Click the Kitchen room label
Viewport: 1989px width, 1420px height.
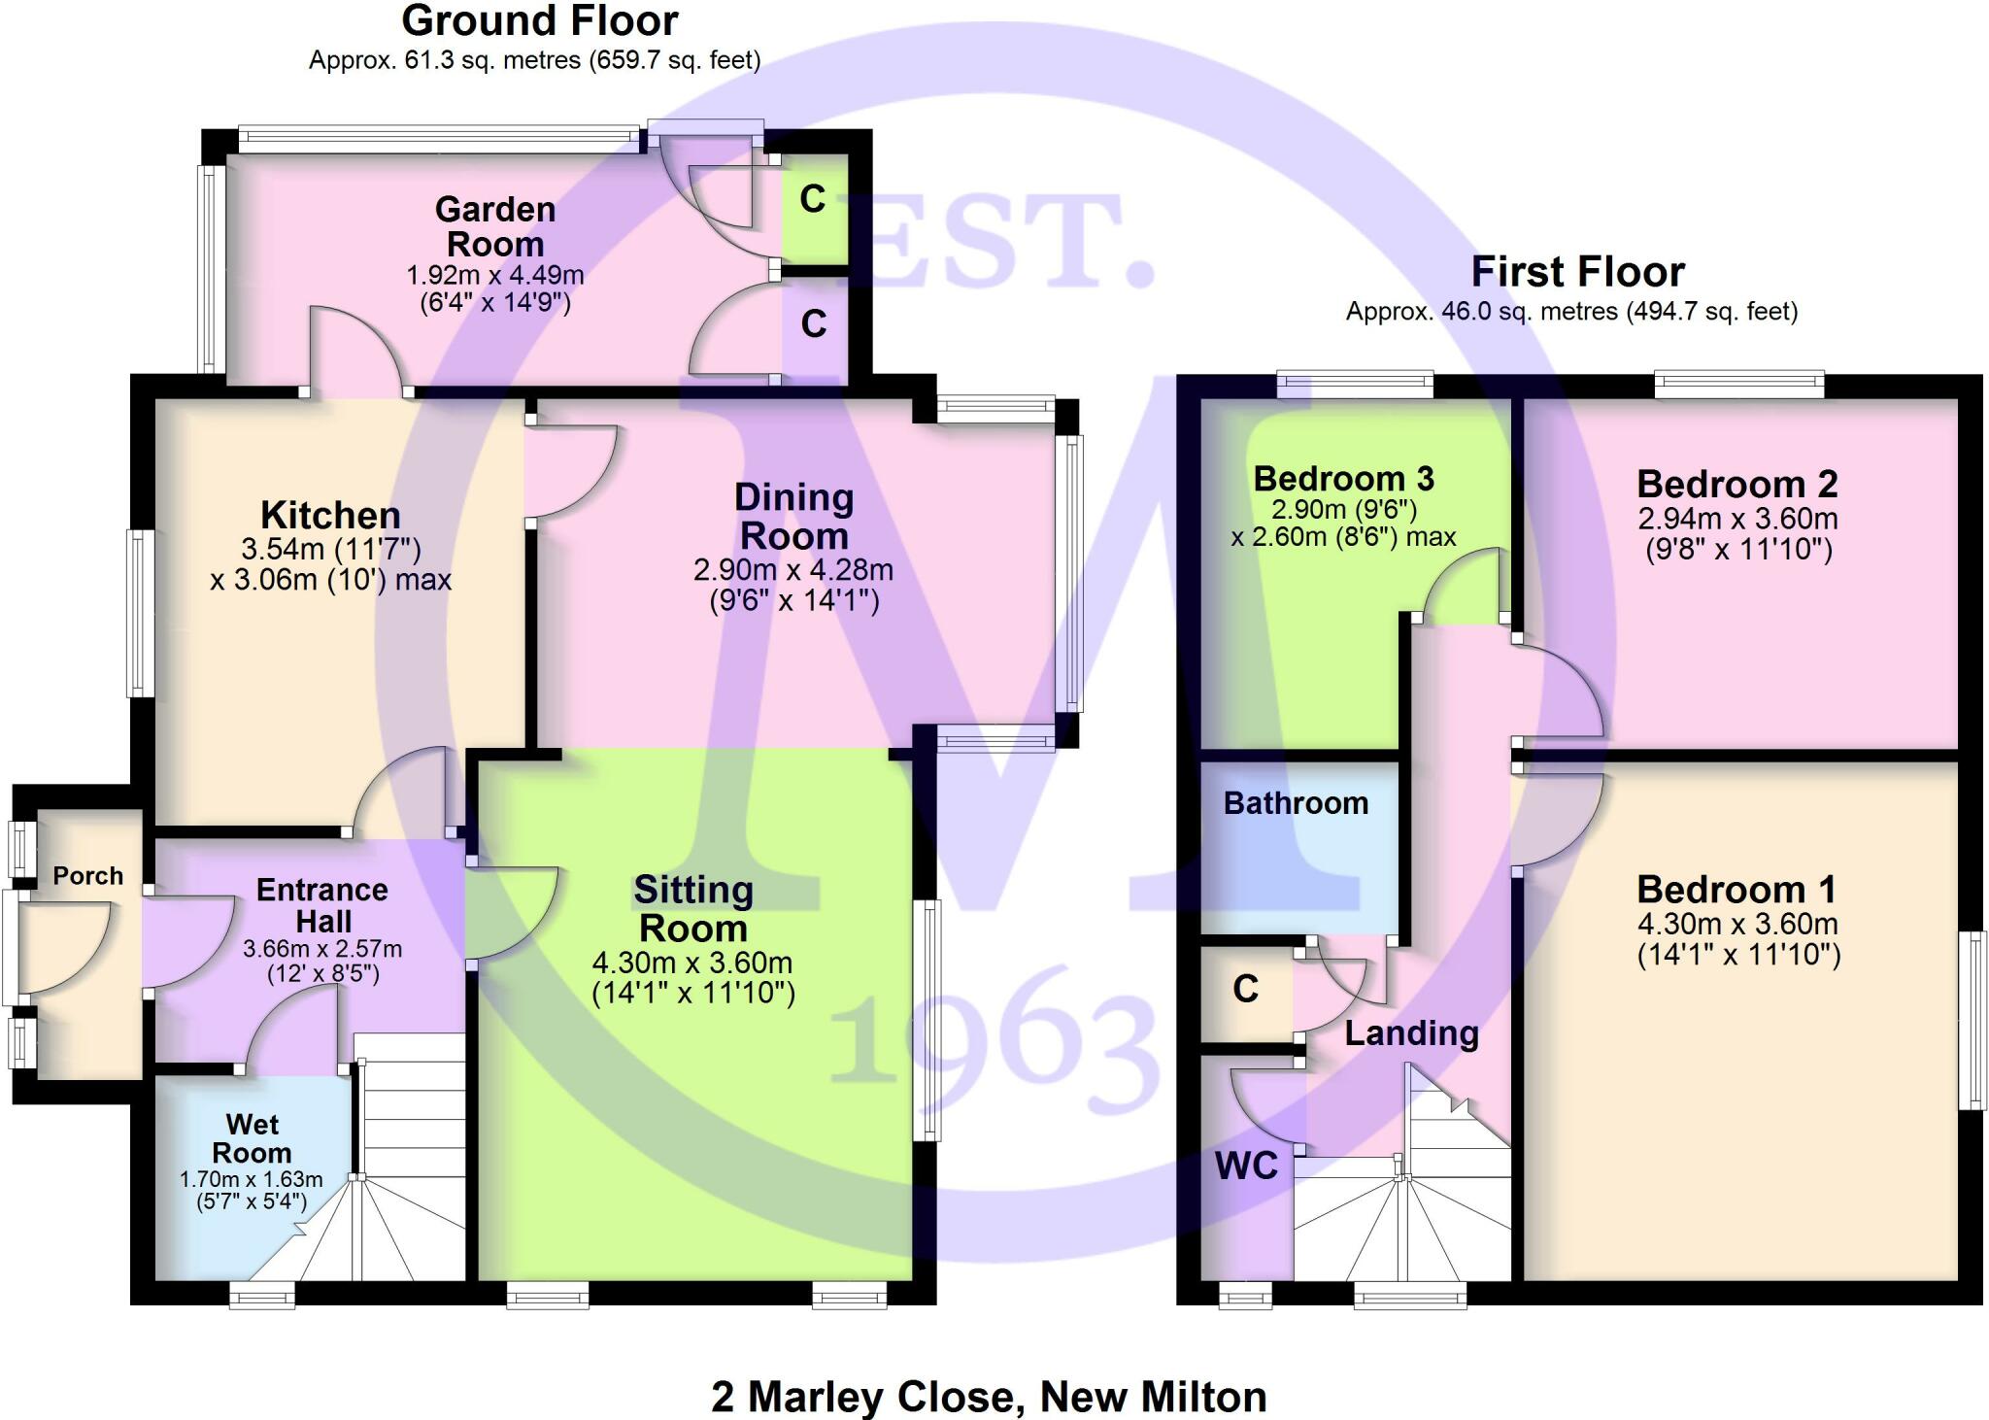coord(330,515)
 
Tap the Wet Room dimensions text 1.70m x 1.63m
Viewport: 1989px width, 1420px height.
coord(251,1180)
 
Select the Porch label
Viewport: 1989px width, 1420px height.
coord(87,876)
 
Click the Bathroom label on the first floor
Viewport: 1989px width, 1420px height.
coord(1296,803)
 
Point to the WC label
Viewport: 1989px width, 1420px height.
coord(1246,1166)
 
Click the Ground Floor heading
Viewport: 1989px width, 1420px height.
coord(539,21)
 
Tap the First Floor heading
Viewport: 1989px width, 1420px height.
coord(1577,272)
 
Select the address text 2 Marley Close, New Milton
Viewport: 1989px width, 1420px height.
coord(989,1397)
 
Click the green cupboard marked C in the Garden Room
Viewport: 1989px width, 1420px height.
coord(813,200)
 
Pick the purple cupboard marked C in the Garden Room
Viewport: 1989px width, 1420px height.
coord(814,323)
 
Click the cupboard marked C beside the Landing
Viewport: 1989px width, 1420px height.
coord(1246,989)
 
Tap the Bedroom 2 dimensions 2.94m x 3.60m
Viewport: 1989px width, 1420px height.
coord(1737,519)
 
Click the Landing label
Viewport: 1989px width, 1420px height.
coord(1411,1032)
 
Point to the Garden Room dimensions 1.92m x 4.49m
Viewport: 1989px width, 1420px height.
coord(495,275)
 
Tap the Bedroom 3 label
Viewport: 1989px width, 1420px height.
coord(1343,479)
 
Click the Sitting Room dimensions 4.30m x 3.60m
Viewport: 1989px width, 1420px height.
coord(692,963)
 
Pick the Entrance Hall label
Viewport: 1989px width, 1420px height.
coord(322,905)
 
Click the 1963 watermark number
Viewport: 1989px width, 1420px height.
coord(995,1044)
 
